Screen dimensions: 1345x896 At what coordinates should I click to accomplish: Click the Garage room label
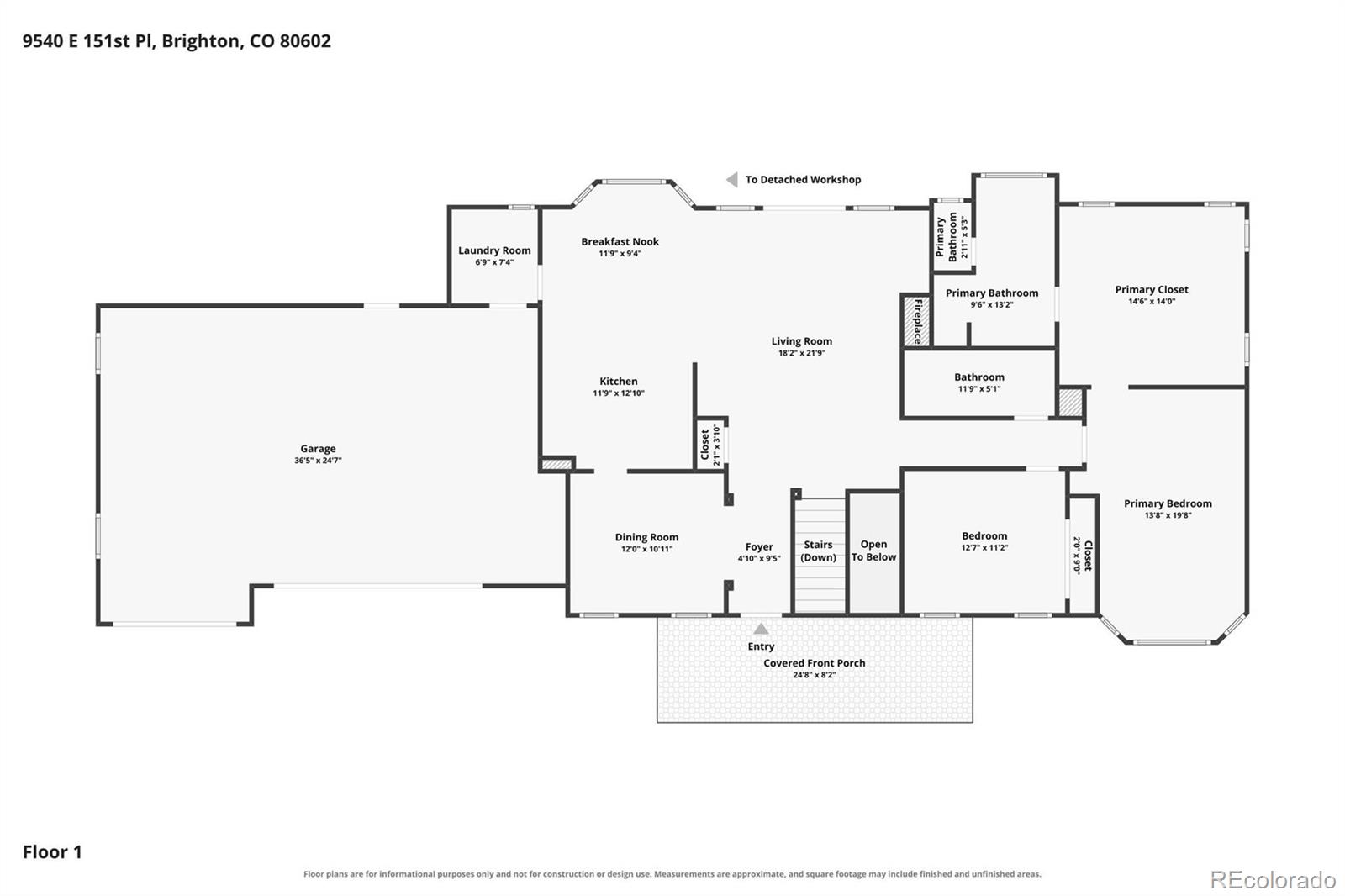tap(318, 449)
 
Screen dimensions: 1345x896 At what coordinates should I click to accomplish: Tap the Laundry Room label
tap(494, 250)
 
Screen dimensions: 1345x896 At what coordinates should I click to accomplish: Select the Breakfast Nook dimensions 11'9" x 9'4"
tap(620, 254)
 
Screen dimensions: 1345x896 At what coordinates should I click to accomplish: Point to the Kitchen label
tap(619, 382)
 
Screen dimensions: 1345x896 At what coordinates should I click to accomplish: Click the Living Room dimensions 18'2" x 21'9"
tap(802, 353)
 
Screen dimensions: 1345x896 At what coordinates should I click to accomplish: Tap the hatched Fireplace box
tap(917, 321)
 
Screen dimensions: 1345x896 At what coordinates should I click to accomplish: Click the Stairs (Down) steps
tap(820, 555)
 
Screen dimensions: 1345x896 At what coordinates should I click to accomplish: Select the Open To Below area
tap(873, 552)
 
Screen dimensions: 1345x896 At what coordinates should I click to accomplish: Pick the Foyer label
tap(759, 547)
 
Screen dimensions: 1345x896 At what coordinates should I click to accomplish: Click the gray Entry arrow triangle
tap(761, 629)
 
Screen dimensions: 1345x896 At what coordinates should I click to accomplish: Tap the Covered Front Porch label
tap(815, 663)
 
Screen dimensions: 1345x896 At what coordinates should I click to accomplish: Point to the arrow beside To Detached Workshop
tap(732, 180)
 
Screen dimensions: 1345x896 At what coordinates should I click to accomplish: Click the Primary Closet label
tap(1152, 289)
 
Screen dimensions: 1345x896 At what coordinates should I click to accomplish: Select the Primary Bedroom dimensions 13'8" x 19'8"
tap(1168, 515)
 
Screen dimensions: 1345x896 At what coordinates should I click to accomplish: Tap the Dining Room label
tap(646, 537)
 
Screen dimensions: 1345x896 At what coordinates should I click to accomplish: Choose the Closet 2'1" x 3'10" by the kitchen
tap(710, 445)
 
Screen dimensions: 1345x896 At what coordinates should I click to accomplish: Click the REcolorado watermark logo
tap(1273, 880)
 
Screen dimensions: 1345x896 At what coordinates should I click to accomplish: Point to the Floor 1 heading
tap(52, 852)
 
